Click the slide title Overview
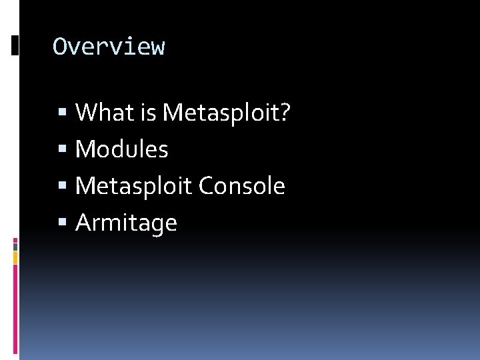pyautogui.click(x=109, y=47)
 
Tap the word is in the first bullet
pyautogui.click(x=146, y=113)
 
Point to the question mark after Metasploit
pyautogui.click(x=284, y=113)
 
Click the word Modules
pyautogui.click(x=122, y=149)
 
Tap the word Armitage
pyautogui.click(x=126, y=223)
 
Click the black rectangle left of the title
pyautogui.click(x=15, y=45)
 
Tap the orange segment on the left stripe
pyautogui.click(x=15, y=257)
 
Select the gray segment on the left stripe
pyautogui.click(x=15, y=246)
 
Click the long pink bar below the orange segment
pyautogui.click(x=15, y=310)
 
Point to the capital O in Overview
pyautogui.click(x=60, y=47)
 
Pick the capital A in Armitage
pyautogui.click(x=84, y=223)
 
